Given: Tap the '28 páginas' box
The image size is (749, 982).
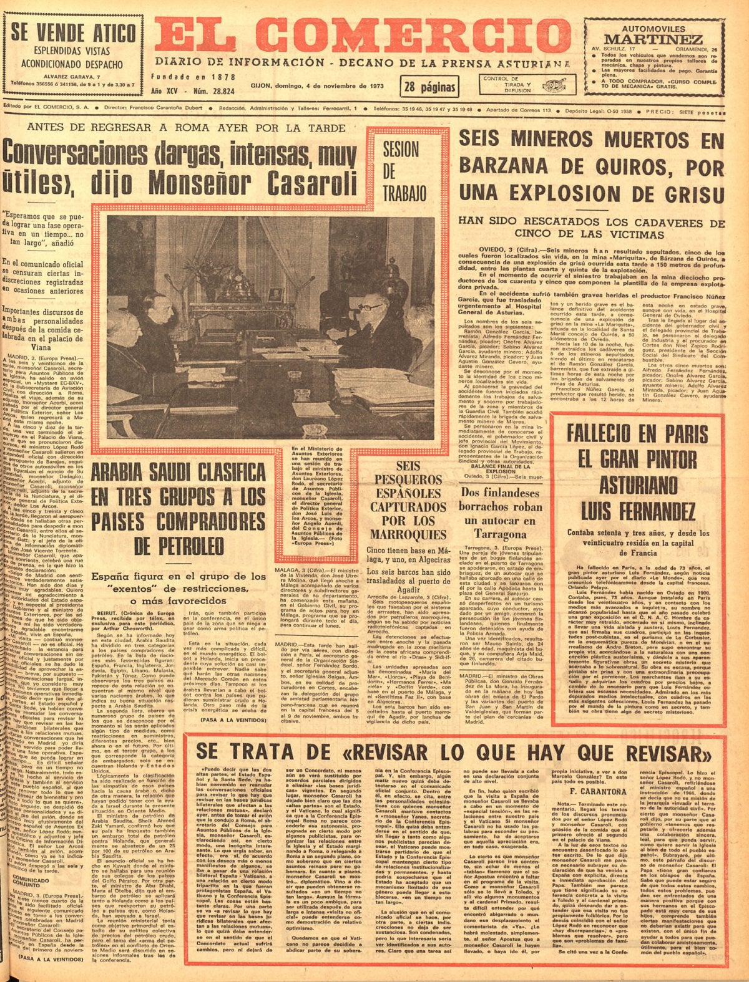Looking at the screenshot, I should point(429,87).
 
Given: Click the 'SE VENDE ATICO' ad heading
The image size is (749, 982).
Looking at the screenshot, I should point(73,32).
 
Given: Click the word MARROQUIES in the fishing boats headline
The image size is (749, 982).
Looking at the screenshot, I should point(399,534).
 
